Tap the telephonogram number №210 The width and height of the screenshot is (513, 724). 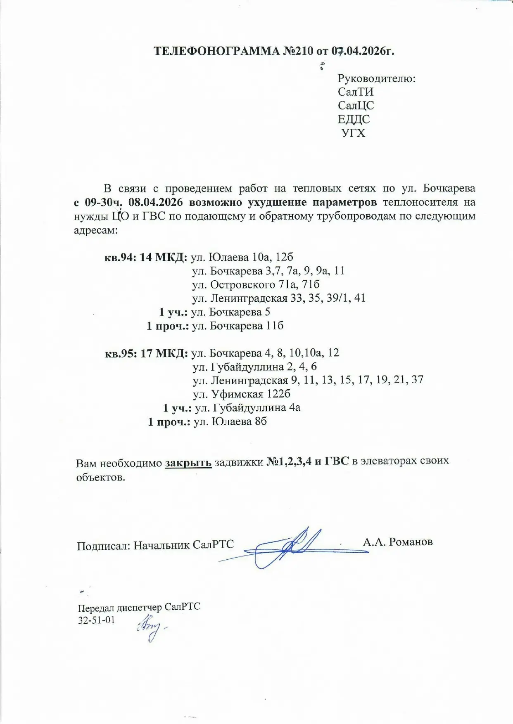point(298,51)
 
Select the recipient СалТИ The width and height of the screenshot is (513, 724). point(355,92)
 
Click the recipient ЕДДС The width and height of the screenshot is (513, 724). point(354,119)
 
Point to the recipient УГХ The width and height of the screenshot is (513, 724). point(354,133)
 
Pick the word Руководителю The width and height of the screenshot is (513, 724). point(376,78)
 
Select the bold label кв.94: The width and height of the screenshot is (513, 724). point(120,257)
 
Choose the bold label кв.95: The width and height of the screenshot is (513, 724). point(121,353)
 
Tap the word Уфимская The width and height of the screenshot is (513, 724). point(237,394)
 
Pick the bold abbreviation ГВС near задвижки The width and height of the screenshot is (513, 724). point(337,461)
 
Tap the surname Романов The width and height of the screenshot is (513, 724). point(411,542)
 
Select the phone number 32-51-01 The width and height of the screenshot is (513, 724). point(96,620)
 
